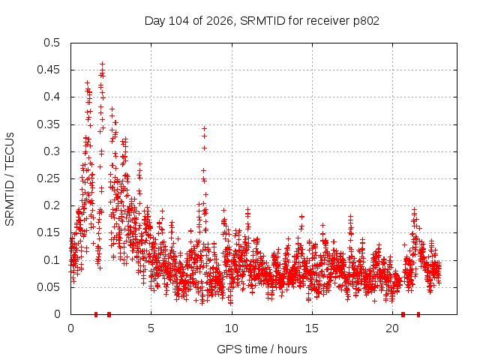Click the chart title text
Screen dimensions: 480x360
262,21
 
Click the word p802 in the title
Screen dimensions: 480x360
366,22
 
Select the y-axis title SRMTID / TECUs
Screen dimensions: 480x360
10,179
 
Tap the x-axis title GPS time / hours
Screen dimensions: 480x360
262,349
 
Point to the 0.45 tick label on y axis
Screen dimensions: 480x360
49,70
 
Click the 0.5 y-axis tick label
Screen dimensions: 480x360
52,43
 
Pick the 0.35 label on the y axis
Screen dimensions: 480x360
49,124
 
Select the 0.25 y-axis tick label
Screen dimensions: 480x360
49,178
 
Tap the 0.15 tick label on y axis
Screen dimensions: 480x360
49,233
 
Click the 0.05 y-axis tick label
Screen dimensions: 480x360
49,287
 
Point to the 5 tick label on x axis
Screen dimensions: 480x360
151,328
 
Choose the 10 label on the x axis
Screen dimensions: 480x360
232,328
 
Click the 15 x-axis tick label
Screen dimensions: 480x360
312,328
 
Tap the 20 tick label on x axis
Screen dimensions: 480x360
392,328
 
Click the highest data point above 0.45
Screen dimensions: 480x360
103,64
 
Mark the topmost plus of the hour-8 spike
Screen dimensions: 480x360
204,129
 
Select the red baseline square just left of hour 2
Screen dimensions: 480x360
96,314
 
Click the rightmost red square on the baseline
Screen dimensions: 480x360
418,314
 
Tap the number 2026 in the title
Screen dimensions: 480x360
220,21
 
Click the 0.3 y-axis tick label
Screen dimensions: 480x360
52,151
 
